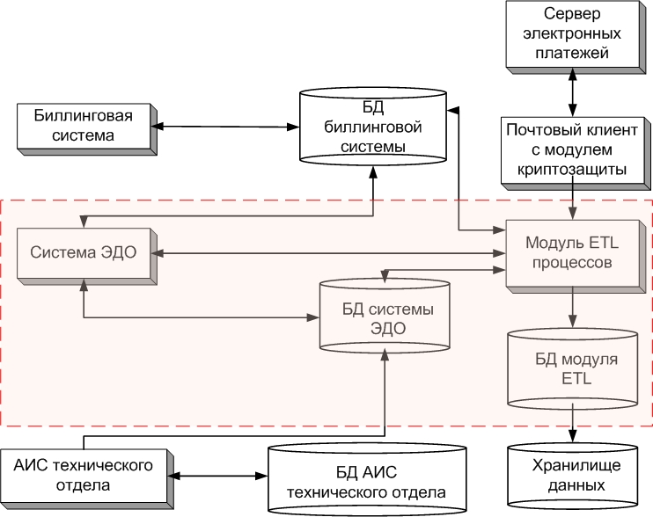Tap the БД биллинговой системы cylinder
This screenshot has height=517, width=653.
372,128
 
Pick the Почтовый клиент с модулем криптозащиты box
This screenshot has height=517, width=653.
572,150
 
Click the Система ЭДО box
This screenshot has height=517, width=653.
84,254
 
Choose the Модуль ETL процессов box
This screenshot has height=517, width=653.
573,252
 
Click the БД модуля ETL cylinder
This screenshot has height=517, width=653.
573,369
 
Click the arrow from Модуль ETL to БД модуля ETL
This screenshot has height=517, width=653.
574,309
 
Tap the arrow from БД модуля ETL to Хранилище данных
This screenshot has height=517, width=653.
574,426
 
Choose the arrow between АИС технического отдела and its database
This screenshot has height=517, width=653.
216,477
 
